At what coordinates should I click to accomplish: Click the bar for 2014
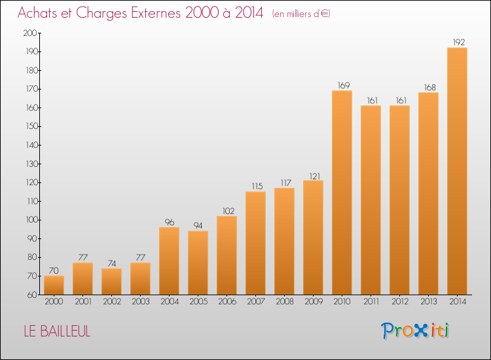click(457, 171)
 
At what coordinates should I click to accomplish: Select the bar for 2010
click(342, 192)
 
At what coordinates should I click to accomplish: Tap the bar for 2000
click(54, 285)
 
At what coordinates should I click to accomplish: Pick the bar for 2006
click(227, 255)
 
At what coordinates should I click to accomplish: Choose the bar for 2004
click(169, 261)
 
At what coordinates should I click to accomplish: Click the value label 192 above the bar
click(459, 43)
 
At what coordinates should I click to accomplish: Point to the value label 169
click(344, 85)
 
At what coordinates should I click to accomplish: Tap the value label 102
click(228, 211)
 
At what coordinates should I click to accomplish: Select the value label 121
click(315, 176)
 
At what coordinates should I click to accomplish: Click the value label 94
click(198, 225)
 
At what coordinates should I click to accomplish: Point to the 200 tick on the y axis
click(30, 33)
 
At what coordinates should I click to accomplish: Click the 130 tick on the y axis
click(31, 164)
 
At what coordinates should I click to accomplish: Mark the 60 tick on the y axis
click(32, 295)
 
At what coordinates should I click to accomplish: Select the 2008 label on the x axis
click(285, 302)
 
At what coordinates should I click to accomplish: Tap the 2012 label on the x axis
click(400, 302)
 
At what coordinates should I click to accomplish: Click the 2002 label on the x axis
click(112, 302)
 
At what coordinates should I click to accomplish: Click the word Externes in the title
click(156, 13)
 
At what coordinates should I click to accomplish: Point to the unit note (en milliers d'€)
click(301, 14)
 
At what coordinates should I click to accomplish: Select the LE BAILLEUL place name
click(57, 331)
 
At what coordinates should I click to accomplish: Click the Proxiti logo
click(414, 331)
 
